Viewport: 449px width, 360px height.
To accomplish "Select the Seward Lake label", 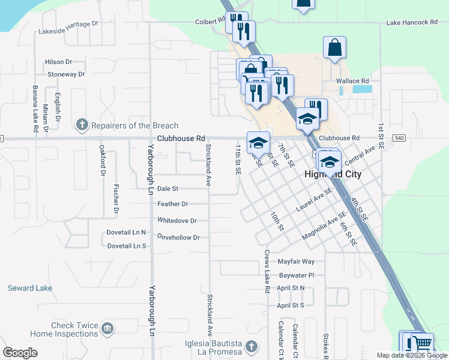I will (30, 289).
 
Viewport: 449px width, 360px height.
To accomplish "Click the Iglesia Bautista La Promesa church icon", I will (252, 346).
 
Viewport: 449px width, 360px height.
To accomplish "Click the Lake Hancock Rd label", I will (412, 22).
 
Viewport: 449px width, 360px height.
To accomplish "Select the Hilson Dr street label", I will (58, 62).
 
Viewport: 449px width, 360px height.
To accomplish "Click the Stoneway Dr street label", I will (66, 74).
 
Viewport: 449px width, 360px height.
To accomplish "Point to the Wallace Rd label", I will (352, 80).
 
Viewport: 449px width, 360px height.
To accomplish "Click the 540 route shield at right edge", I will (399, 138).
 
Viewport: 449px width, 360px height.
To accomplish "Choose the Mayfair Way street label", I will (296, 262).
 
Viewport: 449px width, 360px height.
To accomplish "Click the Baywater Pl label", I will (297, 275).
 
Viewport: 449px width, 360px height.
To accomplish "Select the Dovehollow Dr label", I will (178, 238).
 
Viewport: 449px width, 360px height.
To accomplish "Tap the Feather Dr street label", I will (173, 204).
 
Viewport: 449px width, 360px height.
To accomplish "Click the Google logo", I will (20, 353).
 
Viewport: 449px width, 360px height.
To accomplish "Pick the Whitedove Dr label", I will (177, 220).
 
